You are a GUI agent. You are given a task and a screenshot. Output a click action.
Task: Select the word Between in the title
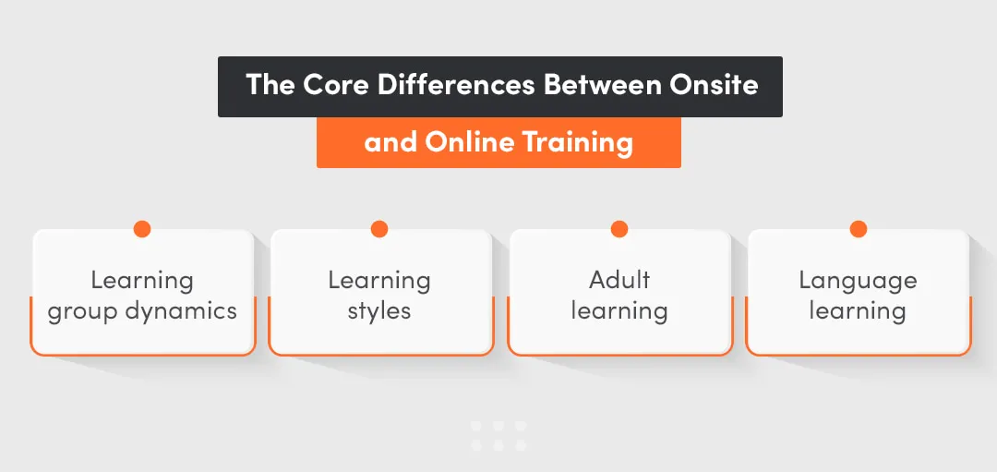(x=602, y=86)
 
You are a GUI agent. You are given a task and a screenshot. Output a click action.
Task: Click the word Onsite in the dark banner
(x=714, y=86)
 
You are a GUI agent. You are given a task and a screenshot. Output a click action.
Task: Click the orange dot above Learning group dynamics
(x=141, y=229)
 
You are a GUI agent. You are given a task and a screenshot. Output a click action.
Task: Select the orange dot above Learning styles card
(x=379, y=229)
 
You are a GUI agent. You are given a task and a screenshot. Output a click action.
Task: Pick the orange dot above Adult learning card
(x=619, y=229)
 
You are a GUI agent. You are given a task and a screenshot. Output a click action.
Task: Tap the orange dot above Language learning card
(x=858, y=229)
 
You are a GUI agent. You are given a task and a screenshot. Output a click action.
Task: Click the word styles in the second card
(x=379, y=310)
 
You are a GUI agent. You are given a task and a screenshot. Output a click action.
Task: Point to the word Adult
(x=619, y=280)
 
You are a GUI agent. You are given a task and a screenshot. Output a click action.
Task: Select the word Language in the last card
(x=858, y=281)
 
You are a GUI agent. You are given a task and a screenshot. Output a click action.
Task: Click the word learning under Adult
(x=619, y=310)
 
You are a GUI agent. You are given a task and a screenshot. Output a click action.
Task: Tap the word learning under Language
(x=858, y=310)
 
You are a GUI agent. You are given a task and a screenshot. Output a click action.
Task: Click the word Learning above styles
(x=379, y=281)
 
